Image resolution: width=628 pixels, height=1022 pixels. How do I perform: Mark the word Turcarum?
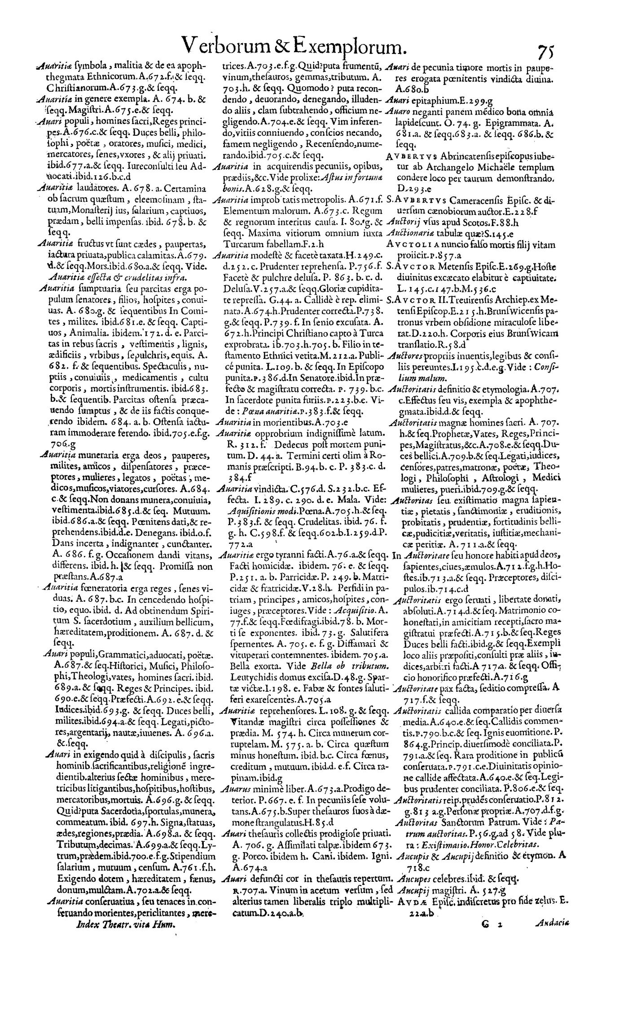coord(237,243)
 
